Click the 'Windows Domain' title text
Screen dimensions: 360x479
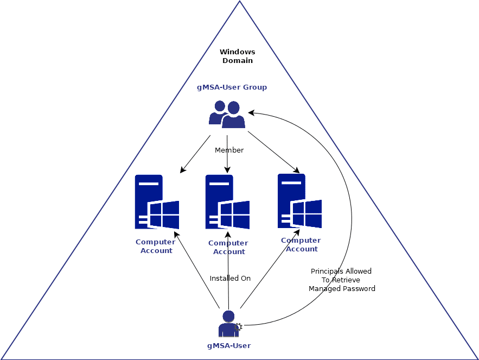[237, 56]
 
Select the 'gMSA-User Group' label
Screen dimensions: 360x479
[232, 87]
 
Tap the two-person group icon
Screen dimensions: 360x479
[227, 114]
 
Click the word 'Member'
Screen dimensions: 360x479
[229, 150]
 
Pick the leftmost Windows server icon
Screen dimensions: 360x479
[156, 202]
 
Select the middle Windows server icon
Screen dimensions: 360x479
[227, 202]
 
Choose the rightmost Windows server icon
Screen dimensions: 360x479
[299, 201]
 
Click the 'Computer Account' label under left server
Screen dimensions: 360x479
[156, 247]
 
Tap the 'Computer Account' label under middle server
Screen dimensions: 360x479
[228, 248]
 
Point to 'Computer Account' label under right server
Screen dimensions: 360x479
[301, 245]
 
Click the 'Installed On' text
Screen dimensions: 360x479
[230, 279]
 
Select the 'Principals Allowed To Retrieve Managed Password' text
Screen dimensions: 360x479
[342, 280]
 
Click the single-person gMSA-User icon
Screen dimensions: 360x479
[228, 324]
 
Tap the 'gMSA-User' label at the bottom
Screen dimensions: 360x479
[229, 345]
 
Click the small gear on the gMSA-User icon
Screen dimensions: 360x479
[238, 327]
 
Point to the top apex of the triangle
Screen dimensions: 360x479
[239, 2]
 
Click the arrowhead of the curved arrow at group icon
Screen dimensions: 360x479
[251, 113]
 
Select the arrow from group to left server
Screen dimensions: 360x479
[195, 154]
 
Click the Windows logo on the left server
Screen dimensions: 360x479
[164, 214]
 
